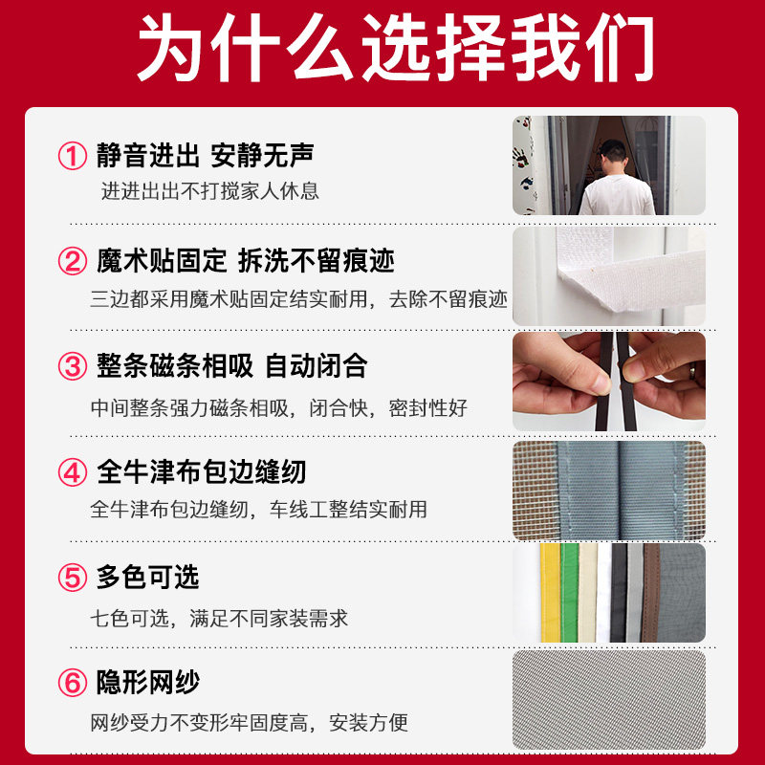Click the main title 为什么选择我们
[382, 50]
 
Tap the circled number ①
[73, 155]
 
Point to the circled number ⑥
[73, 684]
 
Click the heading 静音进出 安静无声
[205, 154]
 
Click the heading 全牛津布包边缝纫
[201, 471]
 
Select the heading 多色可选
[148, 578]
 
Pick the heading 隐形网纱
[148, 683]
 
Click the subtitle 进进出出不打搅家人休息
[210, 190]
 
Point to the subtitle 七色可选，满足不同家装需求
[219, 618]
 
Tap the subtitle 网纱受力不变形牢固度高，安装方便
[250, 723]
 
